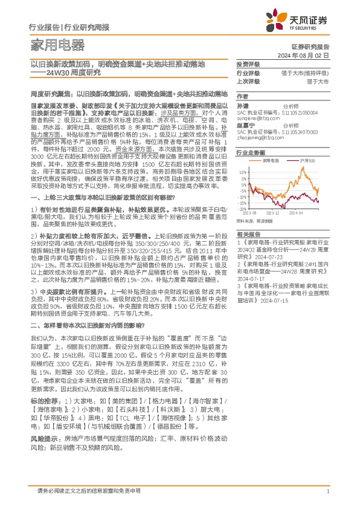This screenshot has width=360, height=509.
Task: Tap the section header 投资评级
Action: point(248,64)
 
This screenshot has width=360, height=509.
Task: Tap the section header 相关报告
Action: point(248,234)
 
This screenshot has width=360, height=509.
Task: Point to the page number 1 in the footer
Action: point(327,490)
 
